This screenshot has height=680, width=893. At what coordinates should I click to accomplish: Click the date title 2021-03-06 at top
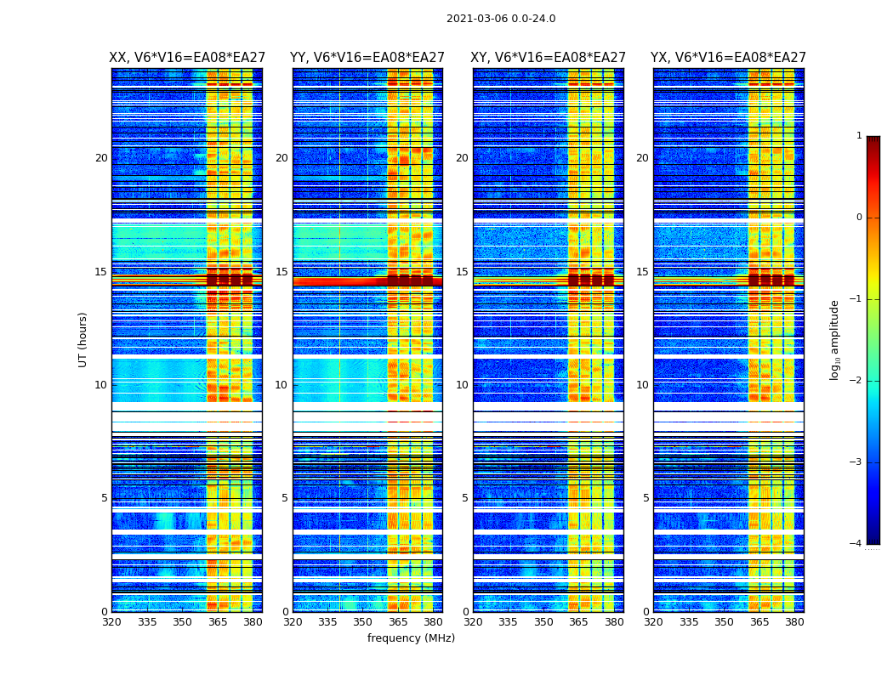500,19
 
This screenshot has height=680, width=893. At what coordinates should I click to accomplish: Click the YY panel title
367,58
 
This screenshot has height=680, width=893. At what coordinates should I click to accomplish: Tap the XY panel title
548,58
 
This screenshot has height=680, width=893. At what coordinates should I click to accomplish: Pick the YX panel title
728,58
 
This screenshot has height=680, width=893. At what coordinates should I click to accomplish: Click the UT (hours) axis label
83,339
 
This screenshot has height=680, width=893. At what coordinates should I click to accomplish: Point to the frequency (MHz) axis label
411,638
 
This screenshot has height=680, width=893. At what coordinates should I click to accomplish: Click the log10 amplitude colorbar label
835,339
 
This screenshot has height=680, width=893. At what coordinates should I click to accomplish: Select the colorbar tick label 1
859,136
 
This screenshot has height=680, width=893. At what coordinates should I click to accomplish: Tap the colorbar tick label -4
856,544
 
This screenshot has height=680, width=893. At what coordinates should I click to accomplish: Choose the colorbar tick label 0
859,218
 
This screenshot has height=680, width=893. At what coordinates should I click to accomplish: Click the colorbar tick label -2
856,381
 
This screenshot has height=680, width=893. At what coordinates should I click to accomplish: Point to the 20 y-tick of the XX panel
101,158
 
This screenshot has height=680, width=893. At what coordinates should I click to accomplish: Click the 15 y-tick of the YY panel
282,272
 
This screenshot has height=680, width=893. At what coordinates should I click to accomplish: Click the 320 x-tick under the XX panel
111,622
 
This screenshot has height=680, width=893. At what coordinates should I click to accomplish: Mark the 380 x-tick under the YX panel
794,622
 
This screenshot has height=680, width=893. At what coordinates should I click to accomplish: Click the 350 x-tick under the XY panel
543,622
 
